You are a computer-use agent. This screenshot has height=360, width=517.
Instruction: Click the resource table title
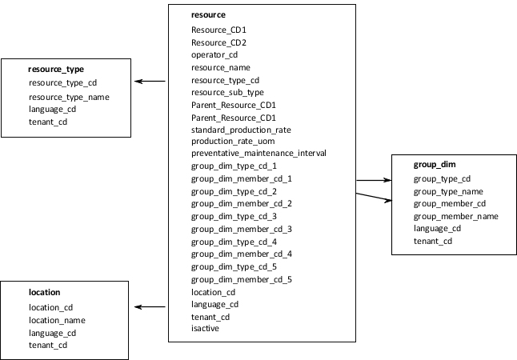click(208, 15)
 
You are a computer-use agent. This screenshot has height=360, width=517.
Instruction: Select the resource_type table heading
click(56, 70)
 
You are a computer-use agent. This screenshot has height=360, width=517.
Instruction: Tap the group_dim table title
click(435, 165)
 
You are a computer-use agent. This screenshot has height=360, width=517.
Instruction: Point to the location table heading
click(45, 293)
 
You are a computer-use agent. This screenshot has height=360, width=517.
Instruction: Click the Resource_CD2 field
click(218, 42)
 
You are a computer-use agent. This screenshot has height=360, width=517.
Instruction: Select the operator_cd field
click(214, 55)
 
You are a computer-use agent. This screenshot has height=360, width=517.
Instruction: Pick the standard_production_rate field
click(240, 129)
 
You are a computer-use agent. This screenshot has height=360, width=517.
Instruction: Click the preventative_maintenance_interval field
click(258, 154)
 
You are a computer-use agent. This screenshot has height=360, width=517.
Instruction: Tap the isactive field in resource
click(205, 328)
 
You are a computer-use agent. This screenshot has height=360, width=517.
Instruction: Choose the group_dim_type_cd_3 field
click(234, 216)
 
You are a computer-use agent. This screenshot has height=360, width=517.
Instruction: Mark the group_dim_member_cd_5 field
click(241, 279)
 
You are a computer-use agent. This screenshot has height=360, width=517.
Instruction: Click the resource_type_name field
click(69, 97)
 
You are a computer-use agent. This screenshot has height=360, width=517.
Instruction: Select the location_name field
click(57, 320)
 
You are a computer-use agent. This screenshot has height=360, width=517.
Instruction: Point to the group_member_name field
click(455, 216)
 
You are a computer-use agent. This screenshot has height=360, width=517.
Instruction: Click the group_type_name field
click(448, 191)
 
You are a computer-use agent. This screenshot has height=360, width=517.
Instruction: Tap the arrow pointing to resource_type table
click(150, 82)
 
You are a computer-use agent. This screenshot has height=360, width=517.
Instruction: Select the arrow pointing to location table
click(150, 306)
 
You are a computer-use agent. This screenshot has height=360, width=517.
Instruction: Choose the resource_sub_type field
click(227, 92)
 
